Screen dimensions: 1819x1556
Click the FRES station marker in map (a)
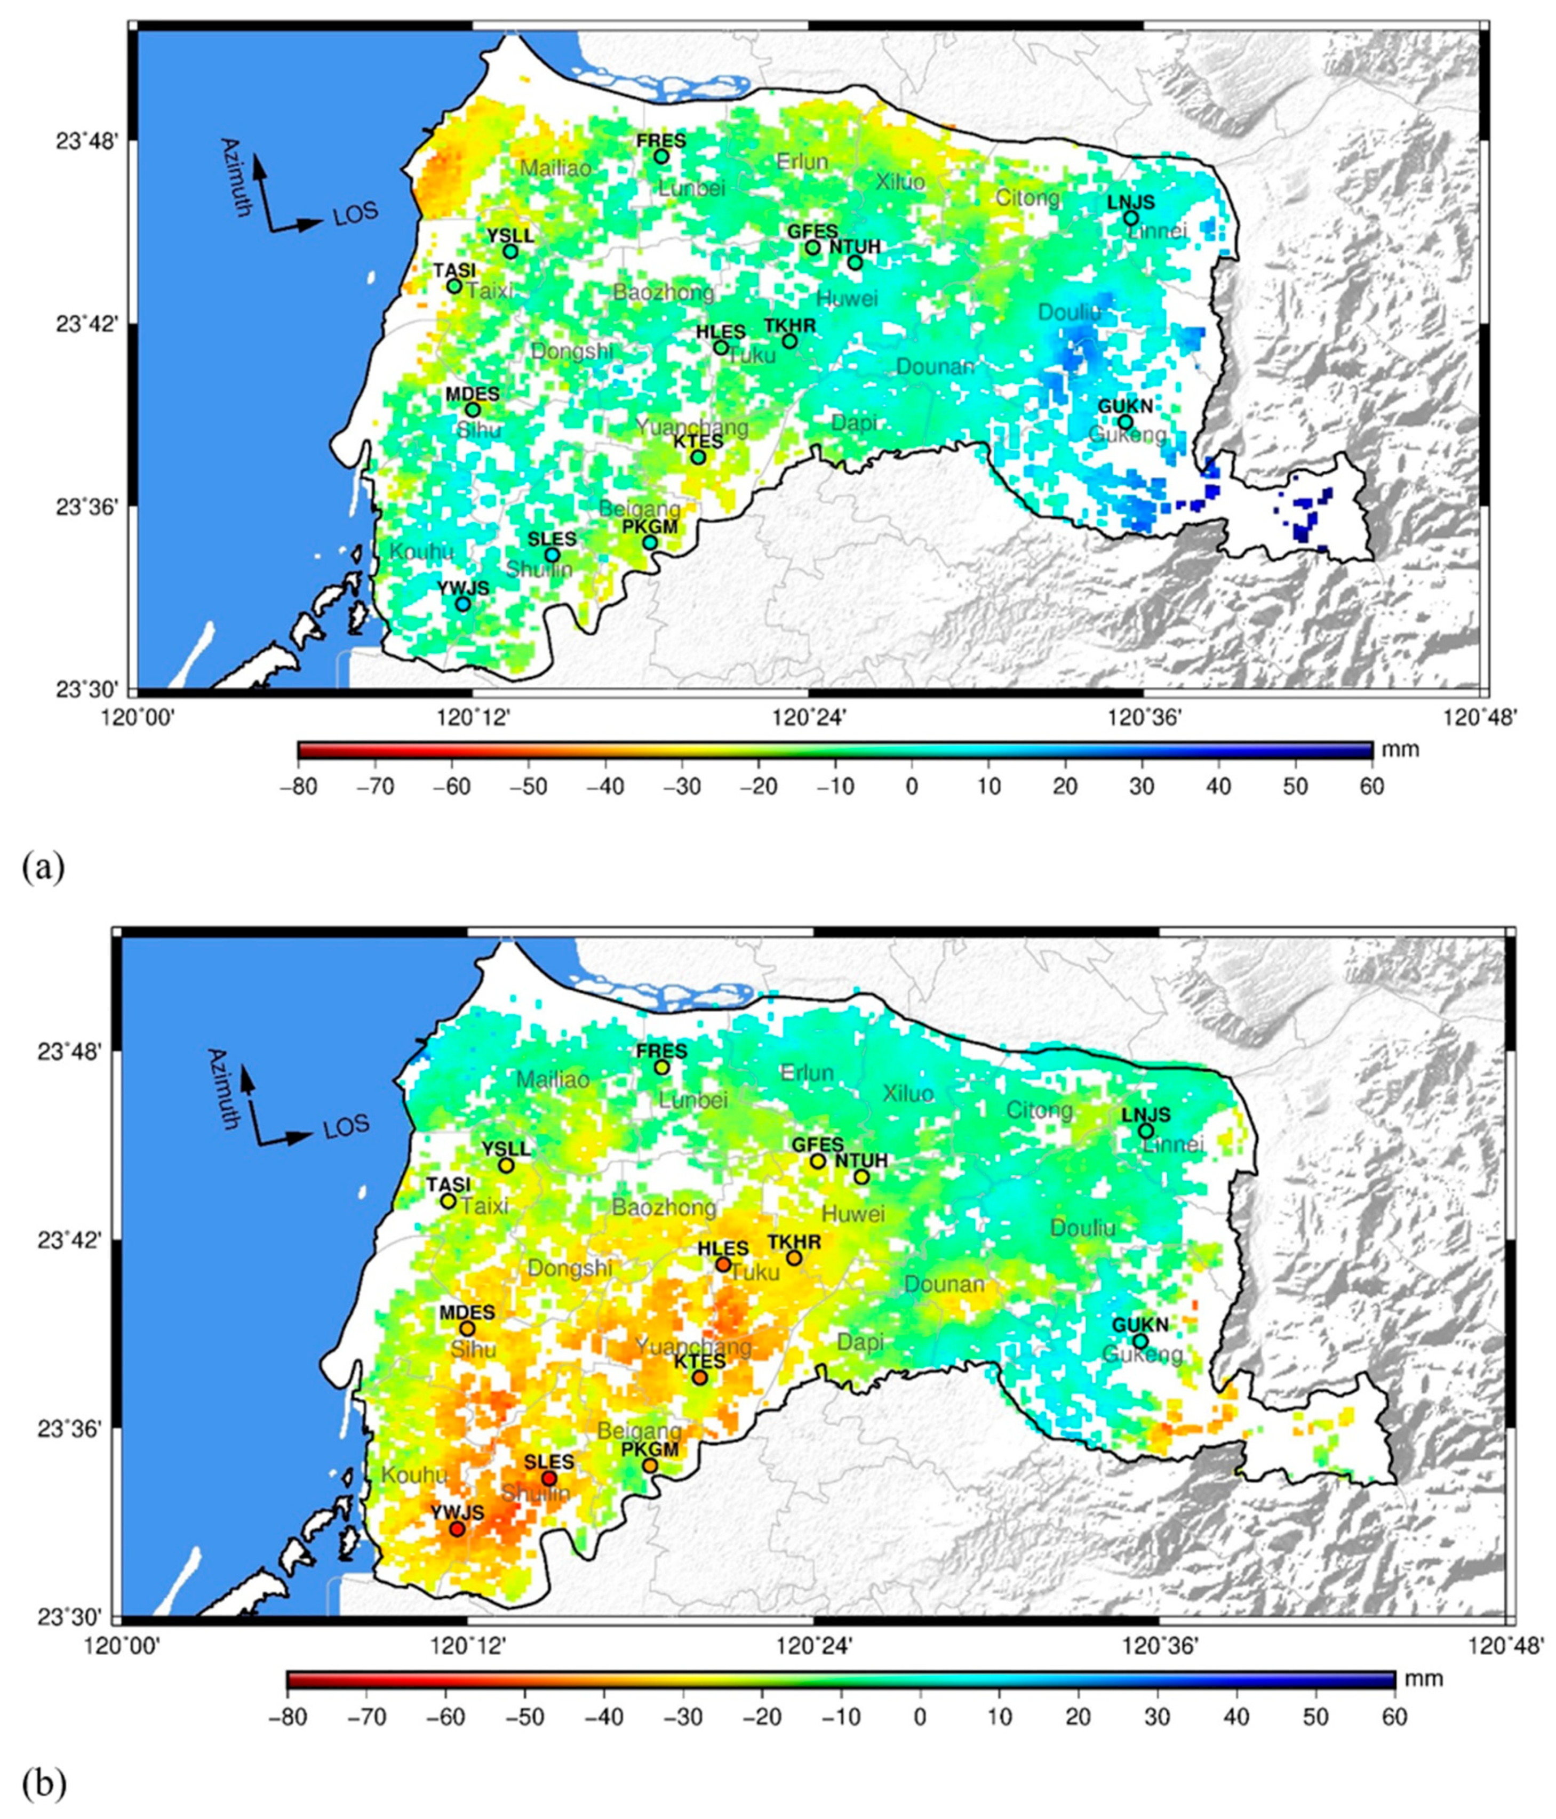[x=661, y=156]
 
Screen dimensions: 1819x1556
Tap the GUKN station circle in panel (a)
[x=1125, y=422]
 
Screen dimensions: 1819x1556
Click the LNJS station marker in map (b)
[x=1146, y=1131]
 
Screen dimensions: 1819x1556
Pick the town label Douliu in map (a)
[x=1068, y=312]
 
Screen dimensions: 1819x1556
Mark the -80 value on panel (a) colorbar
[x=298, y=786]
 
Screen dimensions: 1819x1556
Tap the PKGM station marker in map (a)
[x=650, y=542]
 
